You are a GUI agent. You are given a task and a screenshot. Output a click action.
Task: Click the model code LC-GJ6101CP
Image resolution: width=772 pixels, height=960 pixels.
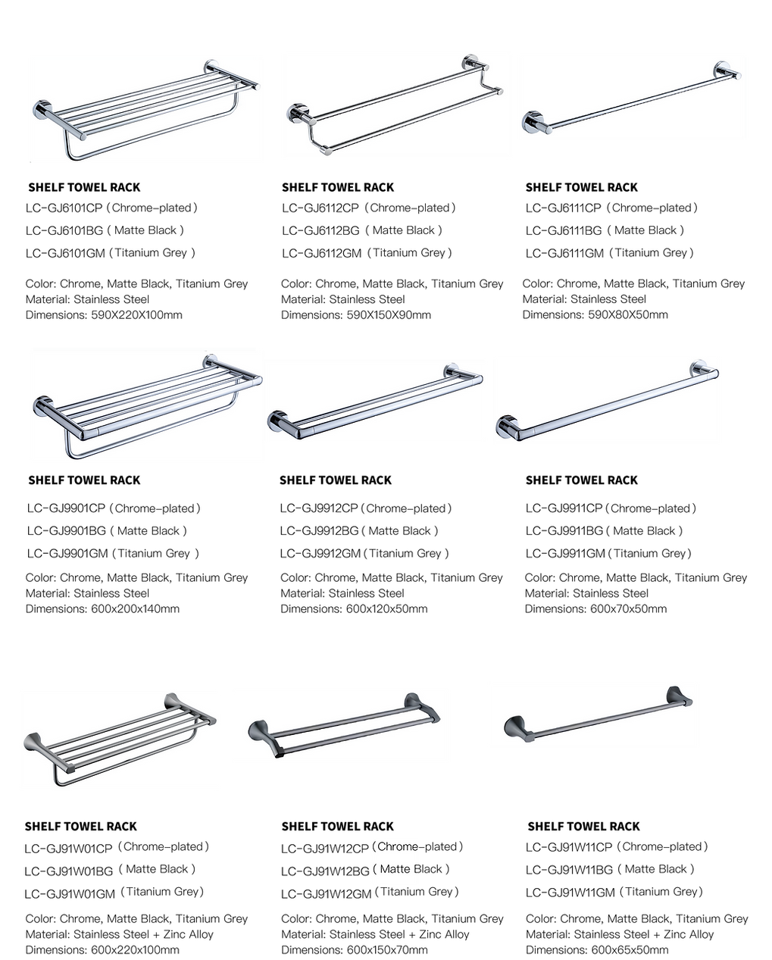pyautogui.click(x=64, y=208)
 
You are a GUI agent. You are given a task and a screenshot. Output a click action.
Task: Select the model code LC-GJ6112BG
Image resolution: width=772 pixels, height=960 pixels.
pyautogui.click(x=320, y=230)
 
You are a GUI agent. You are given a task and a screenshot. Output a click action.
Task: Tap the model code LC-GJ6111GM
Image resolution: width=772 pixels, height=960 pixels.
pyautogui.click(x=564, y=253)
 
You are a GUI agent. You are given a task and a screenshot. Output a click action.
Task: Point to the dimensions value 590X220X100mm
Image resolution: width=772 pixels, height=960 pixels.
pyautogui.click(x=137, y=315)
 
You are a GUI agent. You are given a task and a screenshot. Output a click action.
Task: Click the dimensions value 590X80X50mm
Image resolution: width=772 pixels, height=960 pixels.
pyautogui.click(x=628, y=314)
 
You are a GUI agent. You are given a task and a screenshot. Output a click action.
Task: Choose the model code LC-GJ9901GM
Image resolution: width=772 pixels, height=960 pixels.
pyautogui.click(x=67, y=554)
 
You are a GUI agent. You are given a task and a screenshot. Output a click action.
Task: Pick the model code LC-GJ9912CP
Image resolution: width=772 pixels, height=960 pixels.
pyautogui.click(x=319, y=508)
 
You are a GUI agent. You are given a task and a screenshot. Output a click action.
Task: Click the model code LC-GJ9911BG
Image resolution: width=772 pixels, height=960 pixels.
pyautogui.click(x=564, y=531)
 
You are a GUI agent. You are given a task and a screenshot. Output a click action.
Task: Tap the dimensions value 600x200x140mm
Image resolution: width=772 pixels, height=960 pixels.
pyautogui.click(x=136, y=609)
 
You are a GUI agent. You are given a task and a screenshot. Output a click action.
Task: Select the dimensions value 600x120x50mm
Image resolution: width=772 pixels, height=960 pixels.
pyautogui.click(x=386, y=609)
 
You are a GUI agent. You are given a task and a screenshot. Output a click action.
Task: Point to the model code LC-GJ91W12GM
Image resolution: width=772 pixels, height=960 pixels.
pyautogui.click(x=326, y=894)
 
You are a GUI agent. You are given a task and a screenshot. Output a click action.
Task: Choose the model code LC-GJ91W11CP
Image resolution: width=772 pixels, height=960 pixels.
pyautogui.click(x=569, y=847)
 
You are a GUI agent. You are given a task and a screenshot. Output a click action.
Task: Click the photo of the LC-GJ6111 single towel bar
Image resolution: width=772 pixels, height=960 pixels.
pyautogui.click(x=632, y=98)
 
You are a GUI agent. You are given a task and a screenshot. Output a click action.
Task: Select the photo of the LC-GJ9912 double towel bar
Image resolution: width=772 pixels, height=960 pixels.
pyautogui.click(x=375, y=402)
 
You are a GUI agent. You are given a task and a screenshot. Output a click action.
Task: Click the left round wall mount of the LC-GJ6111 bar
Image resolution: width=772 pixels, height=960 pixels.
pyautogui.click(x=532, y=122)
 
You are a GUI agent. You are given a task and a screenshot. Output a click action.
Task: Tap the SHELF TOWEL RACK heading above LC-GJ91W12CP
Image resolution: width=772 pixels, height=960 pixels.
pyautogui.click(x=338, y=826)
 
